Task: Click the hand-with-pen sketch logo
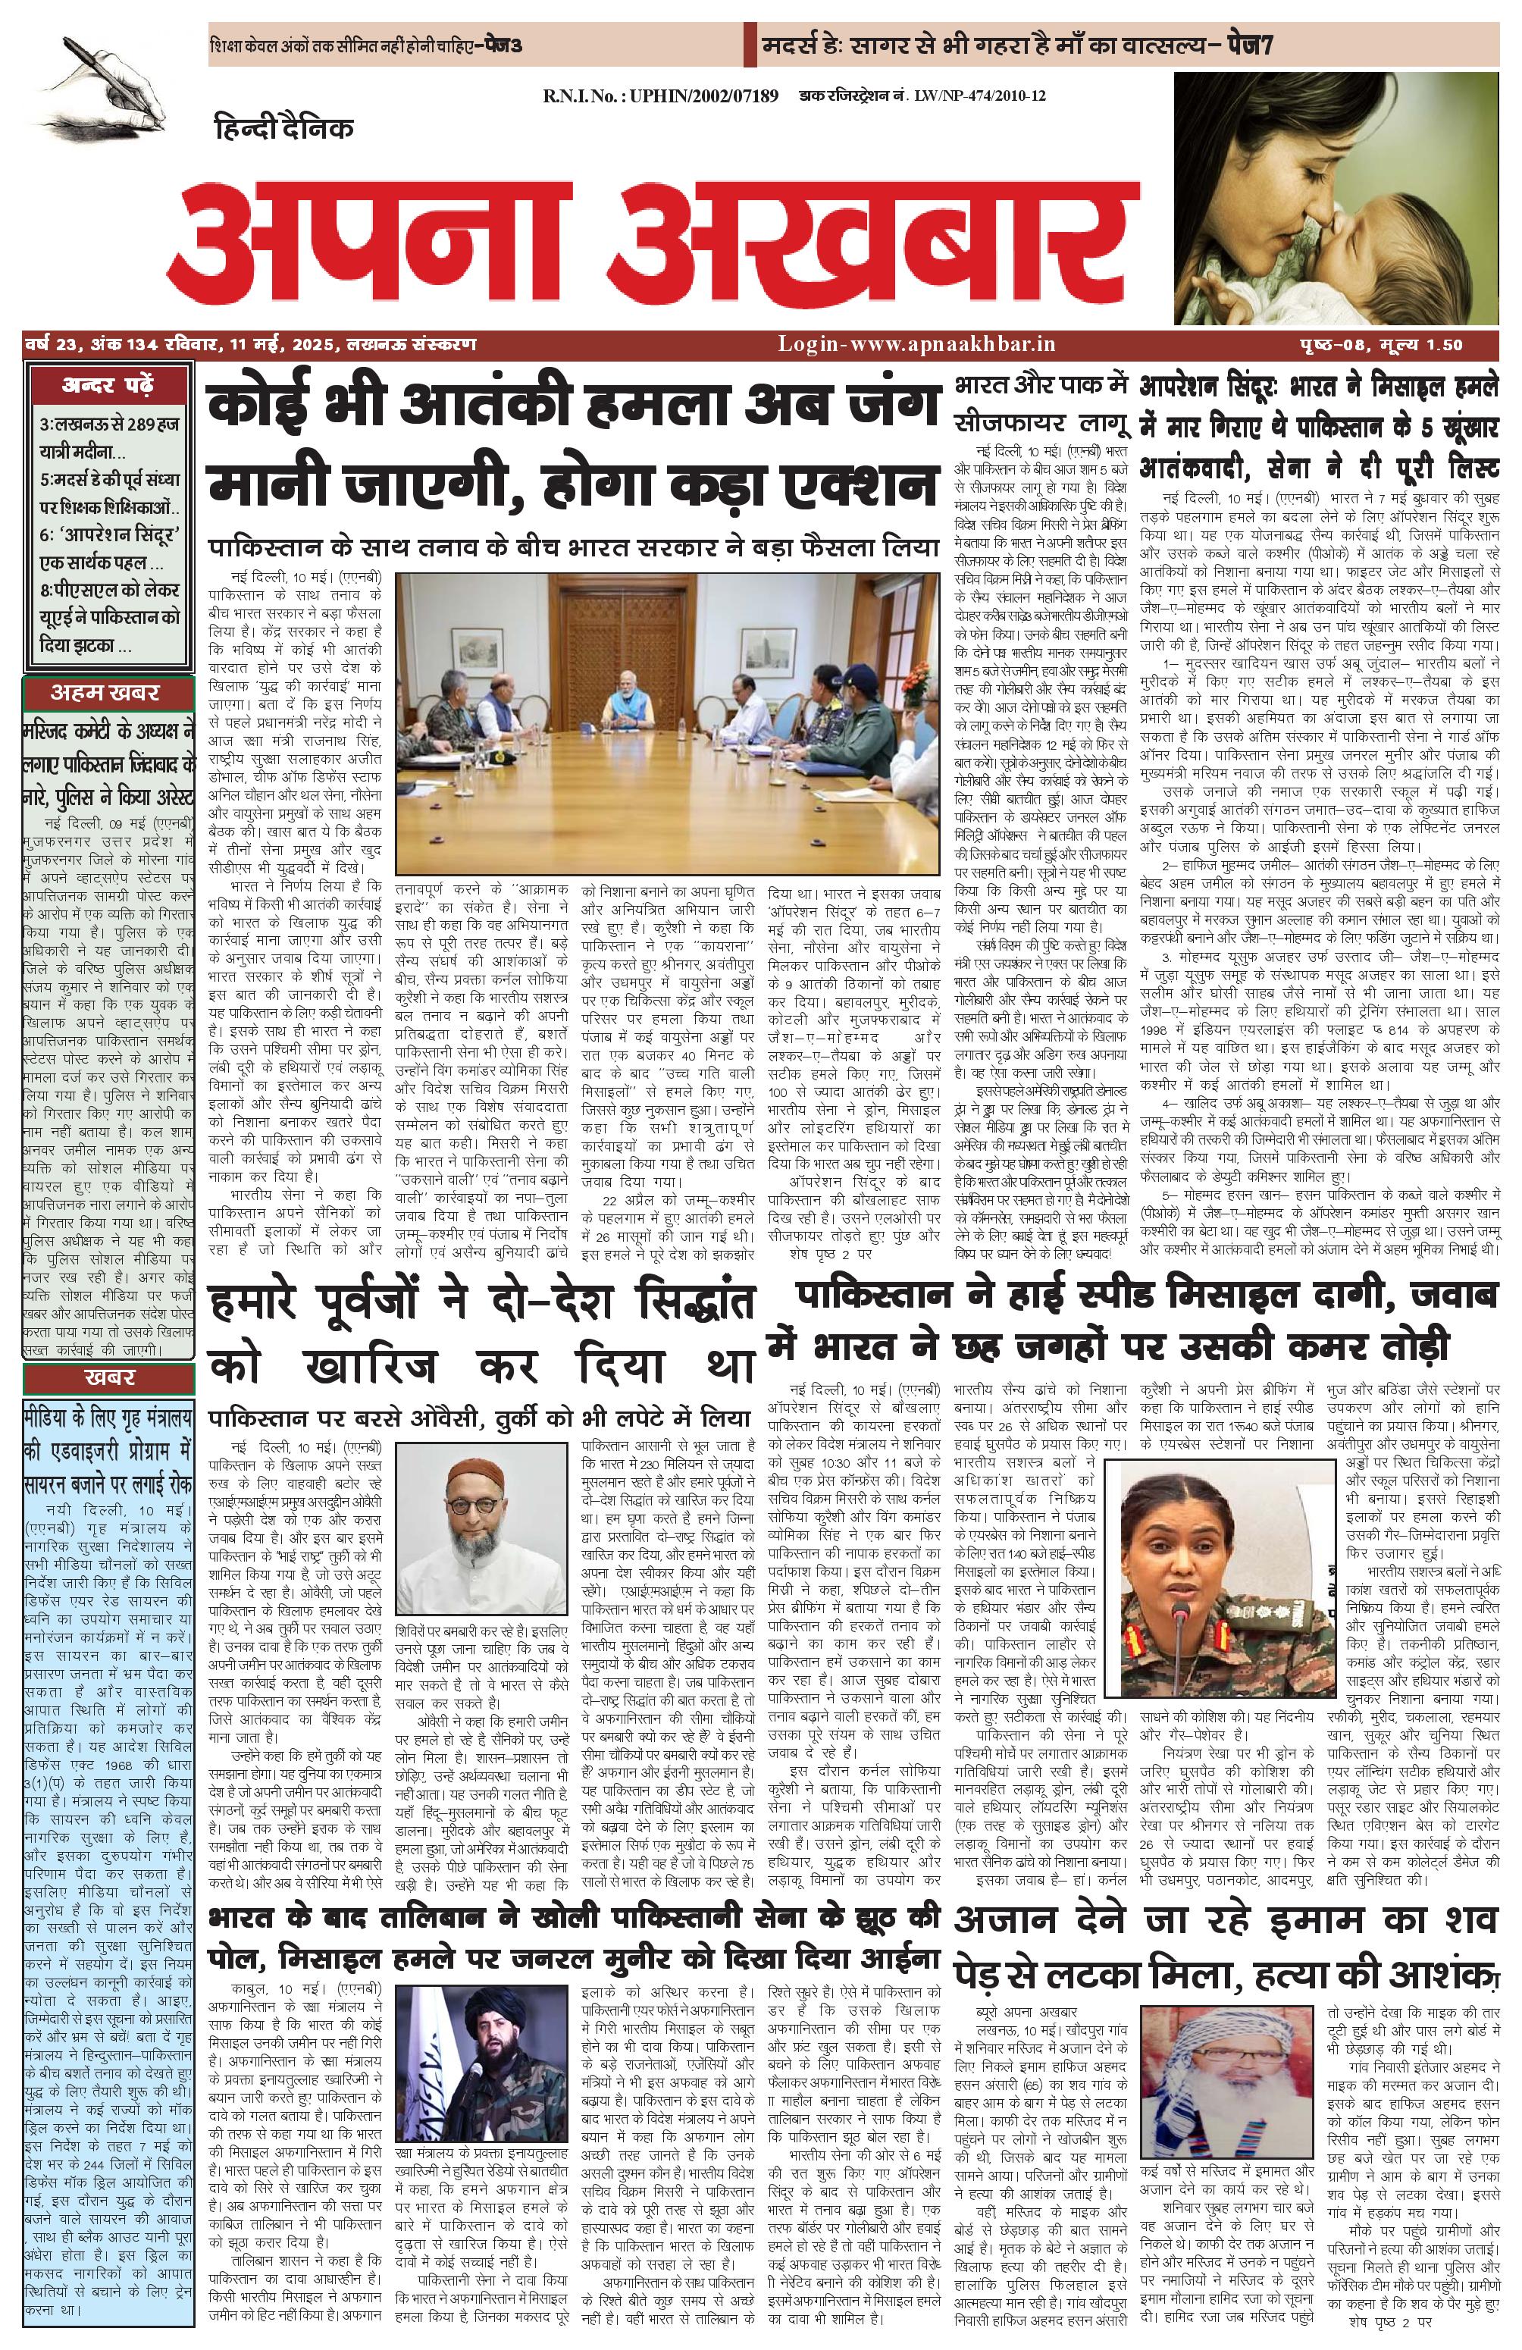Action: [x=104, y=82]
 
